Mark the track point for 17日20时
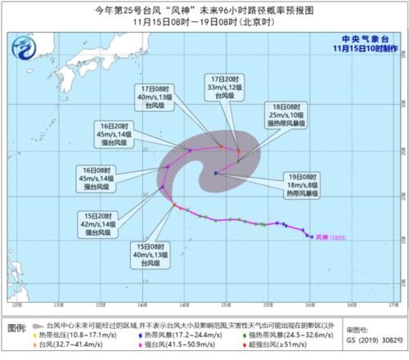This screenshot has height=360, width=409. click(238, 150)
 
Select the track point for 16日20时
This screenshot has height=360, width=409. click(190, 149)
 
